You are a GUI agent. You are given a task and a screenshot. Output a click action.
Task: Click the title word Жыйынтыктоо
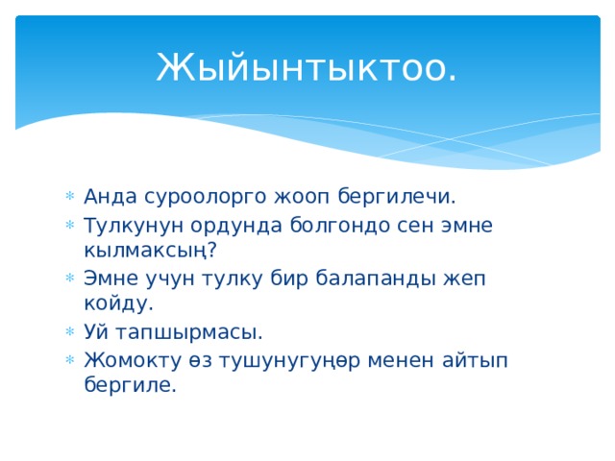307,67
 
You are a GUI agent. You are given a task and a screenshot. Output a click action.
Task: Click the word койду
111,304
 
